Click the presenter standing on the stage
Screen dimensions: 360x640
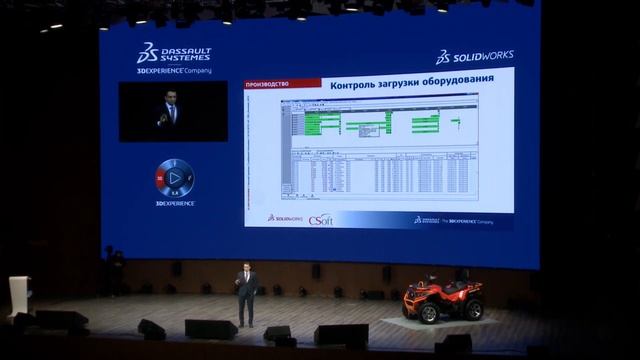click(x=246, y=295)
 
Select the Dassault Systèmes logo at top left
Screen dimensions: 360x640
click(x=174, y=53)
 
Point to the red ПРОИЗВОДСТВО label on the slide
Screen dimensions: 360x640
click(x=268, y=85)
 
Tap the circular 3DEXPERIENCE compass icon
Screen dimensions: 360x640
click(x=175, y=177)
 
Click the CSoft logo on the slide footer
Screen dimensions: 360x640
click(x=320, y=220)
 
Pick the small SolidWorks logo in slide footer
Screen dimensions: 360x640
click(x=284, y=218)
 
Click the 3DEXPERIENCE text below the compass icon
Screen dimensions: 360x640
click(x=175, y=203)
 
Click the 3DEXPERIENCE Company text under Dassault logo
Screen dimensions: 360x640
click(x=174, y=71)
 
